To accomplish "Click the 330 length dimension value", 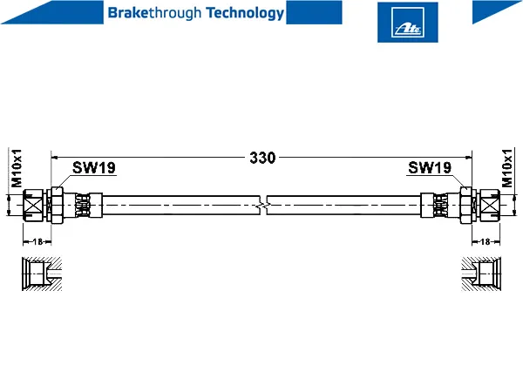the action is point(262,158).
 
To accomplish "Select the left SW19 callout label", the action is point(94,167).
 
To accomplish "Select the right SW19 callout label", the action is point(430,167).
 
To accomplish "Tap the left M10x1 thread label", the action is point(17,168).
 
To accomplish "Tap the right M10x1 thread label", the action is point(506,168).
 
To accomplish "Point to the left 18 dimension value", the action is point(37,241).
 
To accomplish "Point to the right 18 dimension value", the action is point(486,241).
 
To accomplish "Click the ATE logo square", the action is point(408,23).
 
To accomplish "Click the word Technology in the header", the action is point(245,14).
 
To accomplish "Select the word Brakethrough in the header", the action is point(154,14).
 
